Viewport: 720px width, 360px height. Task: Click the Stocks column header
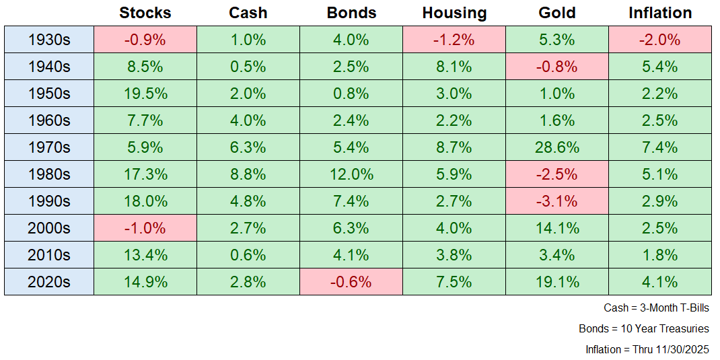tap(145, 13)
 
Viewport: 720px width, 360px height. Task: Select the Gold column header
tap(557, 13)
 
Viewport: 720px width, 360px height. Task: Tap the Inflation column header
tap(659, 13)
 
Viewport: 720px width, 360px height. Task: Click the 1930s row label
tap(49, 40)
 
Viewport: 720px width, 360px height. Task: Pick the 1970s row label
tap(49, 147)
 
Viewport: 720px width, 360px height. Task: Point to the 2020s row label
tap(49, 282)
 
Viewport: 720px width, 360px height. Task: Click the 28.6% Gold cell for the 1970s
tap(557, 147)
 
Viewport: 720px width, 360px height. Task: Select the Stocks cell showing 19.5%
tap(145, 94)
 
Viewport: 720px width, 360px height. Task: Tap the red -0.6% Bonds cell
tap(351, 282)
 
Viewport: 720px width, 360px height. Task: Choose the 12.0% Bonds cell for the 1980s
tap(351, 174)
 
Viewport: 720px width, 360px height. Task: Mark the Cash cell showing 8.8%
tap(248, 174)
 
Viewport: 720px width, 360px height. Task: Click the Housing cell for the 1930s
tap(454, 40)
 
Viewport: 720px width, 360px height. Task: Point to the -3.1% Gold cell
tap(557, 201)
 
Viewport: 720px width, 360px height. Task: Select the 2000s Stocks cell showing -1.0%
tap(145, 228)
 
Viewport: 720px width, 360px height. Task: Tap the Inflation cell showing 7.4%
tap(660, 147)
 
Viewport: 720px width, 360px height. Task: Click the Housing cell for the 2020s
tap(454, 282)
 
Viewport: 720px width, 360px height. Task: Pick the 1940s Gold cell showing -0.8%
tap(557, 67)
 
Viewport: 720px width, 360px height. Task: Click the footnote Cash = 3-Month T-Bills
tap(656, 308)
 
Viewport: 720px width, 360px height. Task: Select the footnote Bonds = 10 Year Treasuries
tap(644, 329)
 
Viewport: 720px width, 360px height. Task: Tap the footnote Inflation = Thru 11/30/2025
tap(647, 350)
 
